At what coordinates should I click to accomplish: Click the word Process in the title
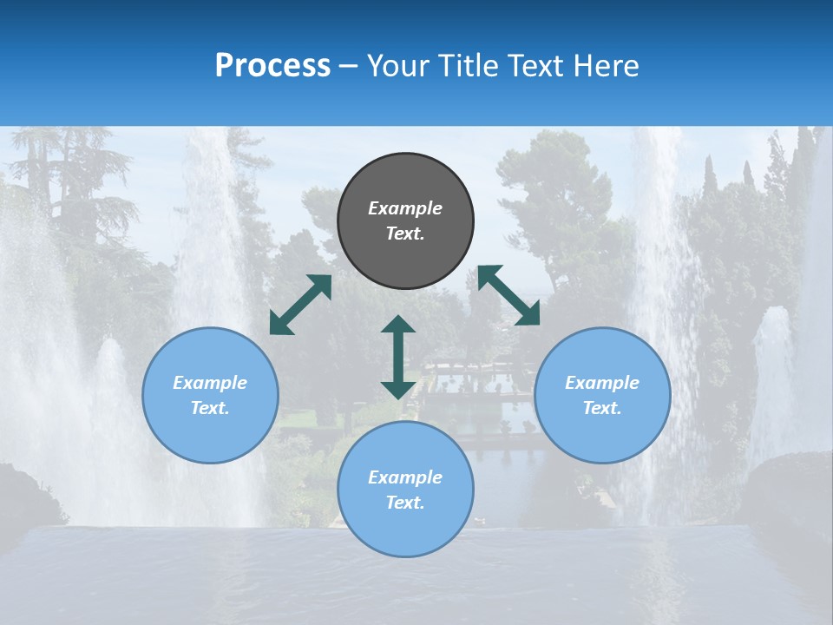click(x=272, y=66)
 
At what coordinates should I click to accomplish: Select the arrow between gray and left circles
click(x=300, y=305)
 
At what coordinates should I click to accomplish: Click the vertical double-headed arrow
click(x=398, y=357)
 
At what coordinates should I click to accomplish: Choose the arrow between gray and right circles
click(x=508, y=295)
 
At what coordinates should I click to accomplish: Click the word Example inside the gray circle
click(x=405, y=208)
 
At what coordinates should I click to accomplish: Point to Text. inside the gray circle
click(x=405, y=234)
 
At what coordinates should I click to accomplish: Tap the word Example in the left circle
click(x=210, y=383)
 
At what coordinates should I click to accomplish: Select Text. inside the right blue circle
click(x=602, y=408)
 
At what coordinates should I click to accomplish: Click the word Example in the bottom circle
click(x=405, y=477)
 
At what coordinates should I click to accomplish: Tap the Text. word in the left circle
click(x=210, y=408)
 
